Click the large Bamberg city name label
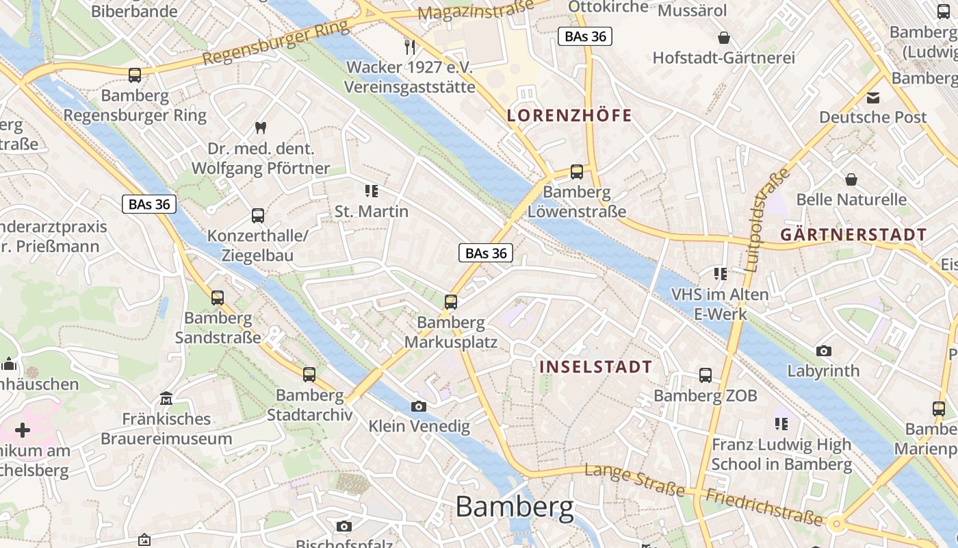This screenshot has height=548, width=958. pyautogui.click(x=515, y=508)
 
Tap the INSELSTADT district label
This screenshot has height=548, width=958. pyautogui.click(x=595, y=366)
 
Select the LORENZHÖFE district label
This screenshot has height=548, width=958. pyautogui.click(x=569, y=116)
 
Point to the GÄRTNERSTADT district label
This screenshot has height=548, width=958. pyautogui.click(x=853, y=234)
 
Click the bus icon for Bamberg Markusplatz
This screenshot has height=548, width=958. pyautogui.click(x=450, y=301)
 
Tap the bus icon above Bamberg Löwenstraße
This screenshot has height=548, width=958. pyautogui.click(x=577, y=171)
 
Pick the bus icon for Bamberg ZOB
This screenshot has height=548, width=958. pyautogui.click(x=705, y=375)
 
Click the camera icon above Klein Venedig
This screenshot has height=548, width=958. pyautogui.click(x=419, y=406)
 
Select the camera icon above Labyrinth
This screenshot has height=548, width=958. pyautogui.click(x=824, y=351)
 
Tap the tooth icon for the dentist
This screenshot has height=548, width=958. pyautogui.click(x=260, y=127)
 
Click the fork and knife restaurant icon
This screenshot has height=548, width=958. pyautogui.click(x=410, y=47)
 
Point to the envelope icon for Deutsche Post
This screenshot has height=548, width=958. pyautogui.click(x=873, y=97)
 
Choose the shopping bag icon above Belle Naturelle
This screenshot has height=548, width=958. pyautogui.click(x=851, y=179)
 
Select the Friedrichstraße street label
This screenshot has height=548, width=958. pyautogui.click(x=764, y=508)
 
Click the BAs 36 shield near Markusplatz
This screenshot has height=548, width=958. pyautogui.click(x=486, y=253)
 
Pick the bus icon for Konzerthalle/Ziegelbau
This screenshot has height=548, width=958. pyautogui.click(x=258, y=215)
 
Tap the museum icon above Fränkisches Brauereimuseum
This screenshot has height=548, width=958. pyautogui.click(x=166, y=398)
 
